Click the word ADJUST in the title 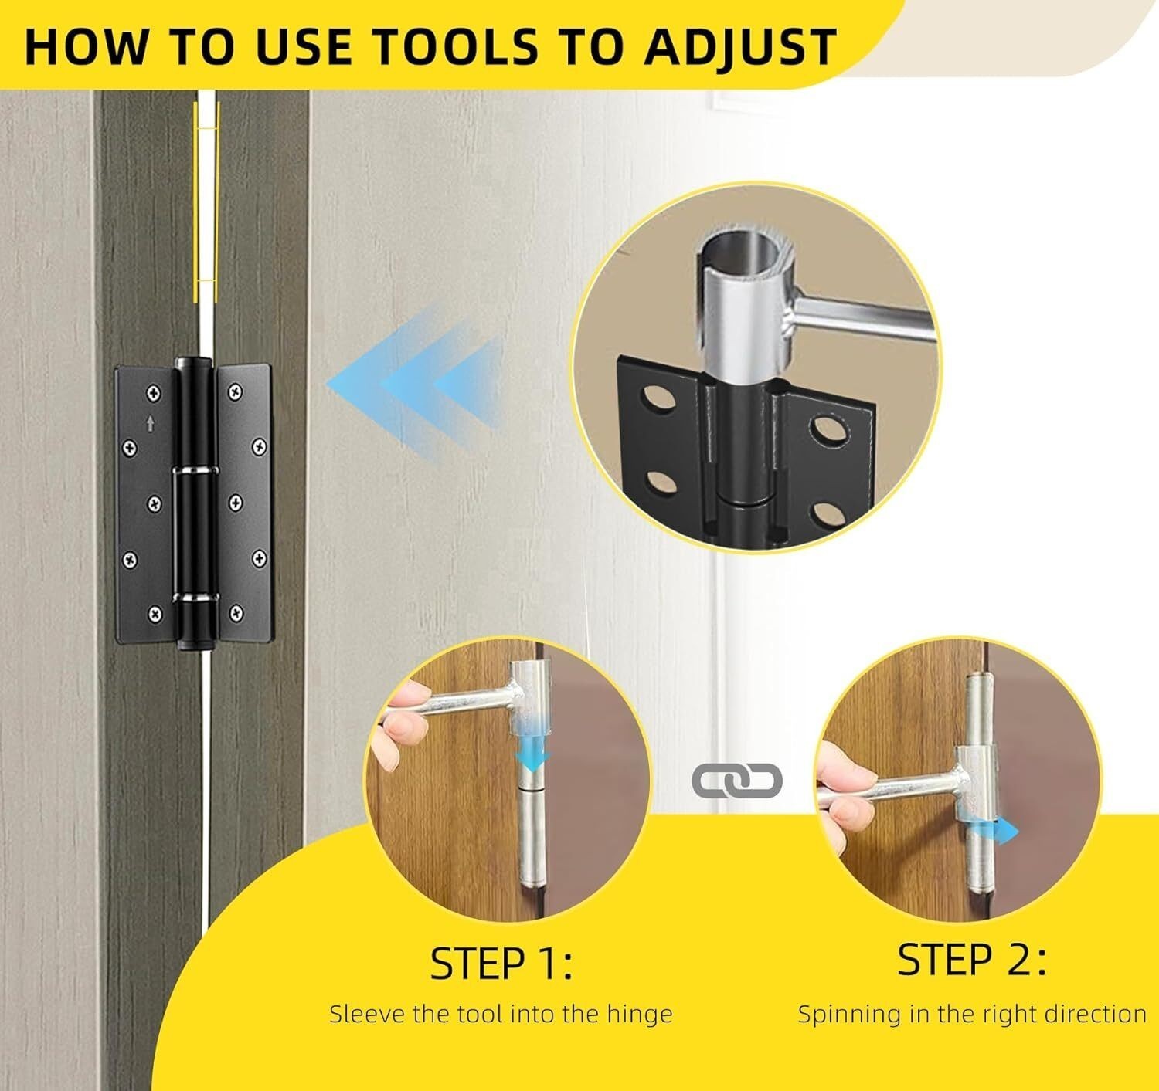click(x=740, y=46)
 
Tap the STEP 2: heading click(x=971, y=961)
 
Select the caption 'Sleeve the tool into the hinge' click(x=501, y=1013)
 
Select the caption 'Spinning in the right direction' click(x=971, y=1013)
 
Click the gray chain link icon click(x=737, y=781)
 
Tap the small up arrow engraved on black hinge click(x=150, y=423)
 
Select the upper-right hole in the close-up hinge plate click(x=826, y=430)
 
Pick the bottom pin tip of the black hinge click(x=189, y=642)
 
